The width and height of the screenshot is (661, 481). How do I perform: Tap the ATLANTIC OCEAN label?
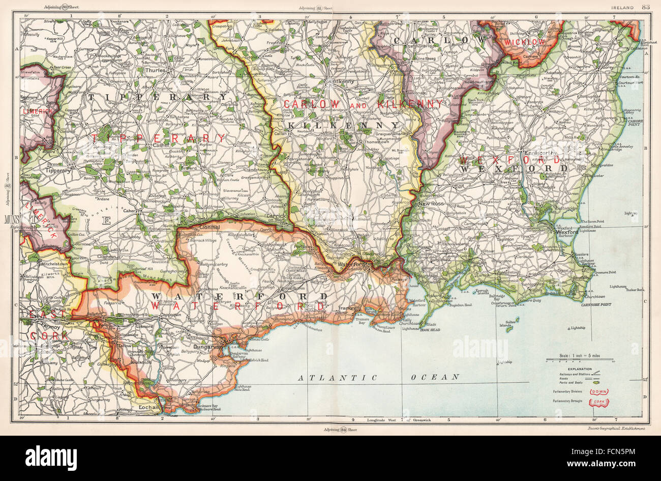[x=379, y=377]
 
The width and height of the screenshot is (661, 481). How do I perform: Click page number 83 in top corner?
[x=646, y=7]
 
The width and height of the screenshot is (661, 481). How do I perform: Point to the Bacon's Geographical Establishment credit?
[x=615, y=429]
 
